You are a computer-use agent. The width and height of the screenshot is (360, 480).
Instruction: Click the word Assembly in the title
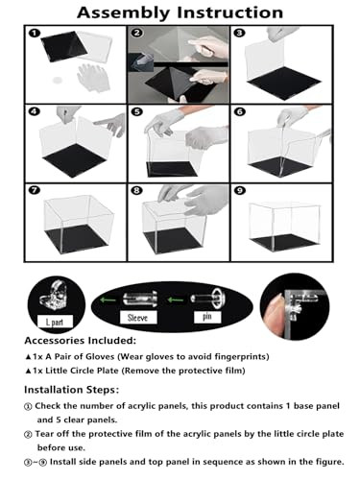pyautogui.click(x=124, y=13)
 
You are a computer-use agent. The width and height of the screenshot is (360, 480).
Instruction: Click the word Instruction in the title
pyautogui.click(x=229, y=12)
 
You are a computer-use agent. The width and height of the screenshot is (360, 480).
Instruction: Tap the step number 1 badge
pyautogui.click(x=34, y=33)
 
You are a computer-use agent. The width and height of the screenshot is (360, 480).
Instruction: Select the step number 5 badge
pyautogui.click(x=137, y=111)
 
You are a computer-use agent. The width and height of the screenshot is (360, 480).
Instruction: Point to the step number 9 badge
pyautogui.click(x=239, y=191)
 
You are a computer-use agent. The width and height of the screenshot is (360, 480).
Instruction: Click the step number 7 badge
pyautogui.click(x=34, y=190)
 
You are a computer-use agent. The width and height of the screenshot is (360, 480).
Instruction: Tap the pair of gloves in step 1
pyautogui.click(x=93, y=77)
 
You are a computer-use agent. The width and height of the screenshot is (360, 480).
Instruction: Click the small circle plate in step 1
pyautogui.click(x=58, y=80)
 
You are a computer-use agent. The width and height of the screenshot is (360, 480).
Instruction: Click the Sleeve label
pyautogui.click(x=138, y=318)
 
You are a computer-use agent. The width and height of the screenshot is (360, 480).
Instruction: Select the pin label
pyautogui.click(x=207, y=317)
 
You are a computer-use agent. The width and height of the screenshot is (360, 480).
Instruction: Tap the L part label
pyautogui.click(x=55, y=322)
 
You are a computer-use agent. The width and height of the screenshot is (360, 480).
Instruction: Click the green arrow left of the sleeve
pyautogui.click(x=107, y=300)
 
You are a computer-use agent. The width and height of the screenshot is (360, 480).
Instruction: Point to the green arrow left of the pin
pyautogui.click(x=176, y=300)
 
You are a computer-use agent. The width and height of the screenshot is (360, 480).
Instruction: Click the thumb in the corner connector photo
pyautogui.click(x=274, y=315)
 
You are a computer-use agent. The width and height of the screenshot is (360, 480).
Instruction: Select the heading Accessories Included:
pyautogui.click(x=81, y=341)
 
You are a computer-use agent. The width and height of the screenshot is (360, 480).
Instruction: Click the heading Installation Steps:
pyautogui.click(x=72, y=390)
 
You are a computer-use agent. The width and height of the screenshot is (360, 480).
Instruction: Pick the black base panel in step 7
pyautogui.click(x=78, y=238)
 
